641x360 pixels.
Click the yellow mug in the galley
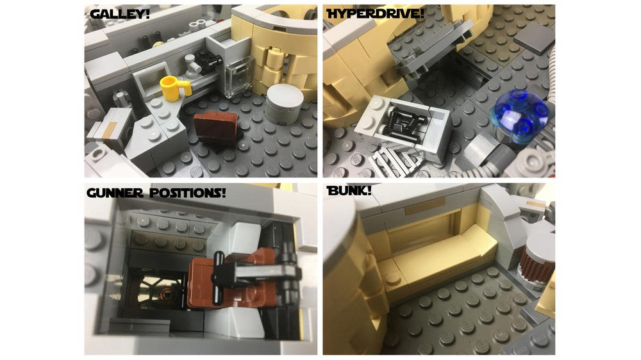tap(172, 86)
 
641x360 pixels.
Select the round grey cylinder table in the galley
tap(285, 102)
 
